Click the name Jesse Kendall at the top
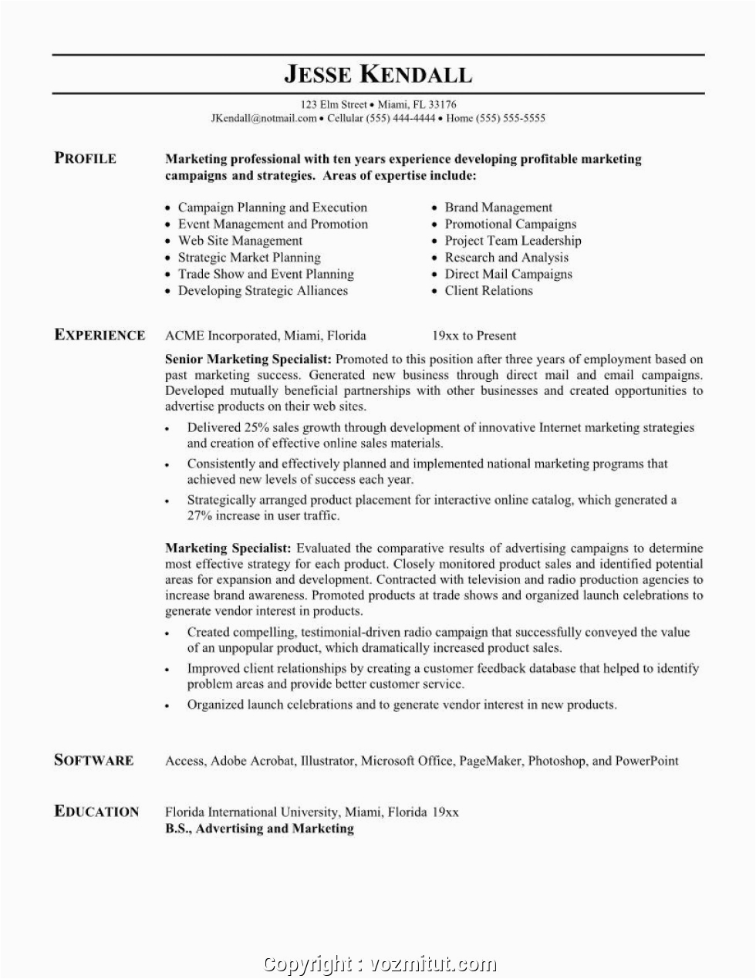point(377,75)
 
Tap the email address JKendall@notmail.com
point(264,118)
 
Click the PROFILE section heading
point(86,158)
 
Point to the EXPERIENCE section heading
point(100,335)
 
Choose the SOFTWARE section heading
point(93,760)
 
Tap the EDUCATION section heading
point(96,811)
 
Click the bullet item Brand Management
point(498,208)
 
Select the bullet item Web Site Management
point(240,241)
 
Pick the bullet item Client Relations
point(488,291)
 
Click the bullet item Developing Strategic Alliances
point(262,291)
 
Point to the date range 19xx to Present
point(474,336)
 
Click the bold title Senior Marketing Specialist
point(248,359)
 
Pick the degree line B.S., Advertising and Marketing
point(259,829)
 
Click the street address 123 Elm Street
point(333,104)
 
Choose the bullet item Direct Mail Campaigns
point(508,274)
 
